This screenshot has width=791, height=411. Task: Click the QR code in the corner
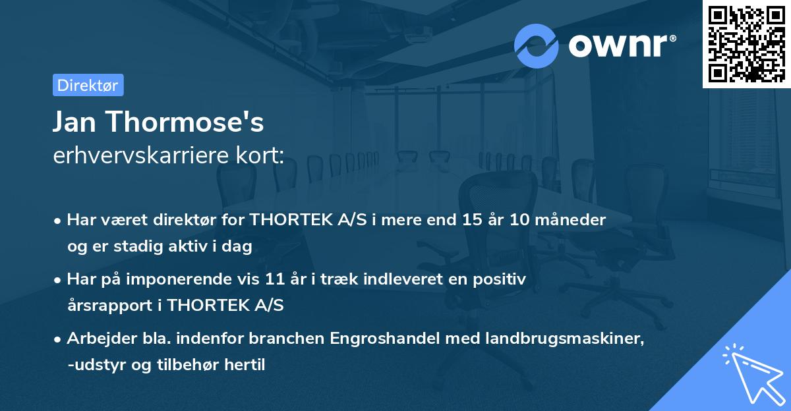(x=746, y=44)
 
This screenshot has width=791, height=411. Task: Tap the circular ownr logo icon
(x=537, y=45)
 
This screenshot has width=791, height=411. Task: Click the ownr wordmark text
(x=622, y=45)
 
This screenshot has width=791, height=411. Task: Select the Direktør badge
(x=88, y=85)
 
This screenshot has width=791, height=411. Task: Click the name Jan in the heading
(x=78, y=122)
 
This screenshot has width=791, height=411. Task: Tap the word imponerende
(x=197, y=279)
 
